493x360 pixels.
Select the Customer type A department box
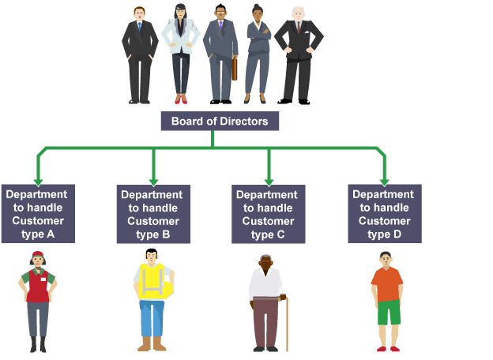[x=38, y=213]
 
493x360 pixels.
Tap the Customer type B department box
[x=153, y=214]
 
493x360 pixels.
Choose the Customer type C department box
[x=268, y=214]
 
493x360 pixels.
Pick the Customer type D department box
[x=384, y=212]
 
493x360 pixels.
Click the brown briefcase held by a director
[x=234, y=69]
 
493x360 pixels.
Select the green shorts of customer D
[x=388, y=312]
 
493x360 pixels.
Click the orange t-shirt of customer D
[x=387, y=283]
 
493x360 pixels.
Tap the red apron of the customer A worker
[x=37, y=287]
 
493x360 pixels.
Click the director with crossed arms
[x=258, y=47]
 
